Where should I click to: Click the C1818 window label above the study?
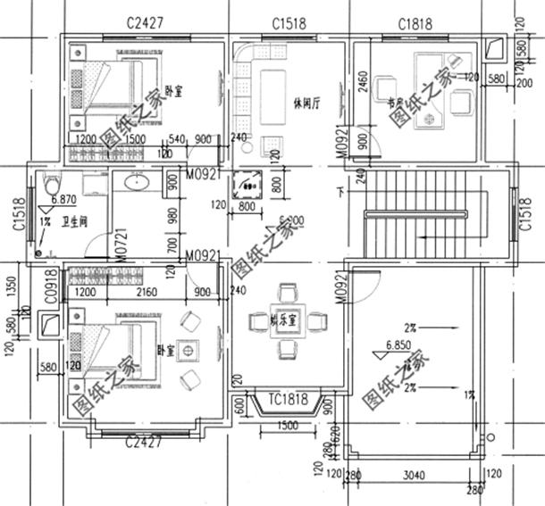click(x=407, y=23)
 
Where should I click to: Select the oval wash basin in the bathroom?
click(x=137, y=183)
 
